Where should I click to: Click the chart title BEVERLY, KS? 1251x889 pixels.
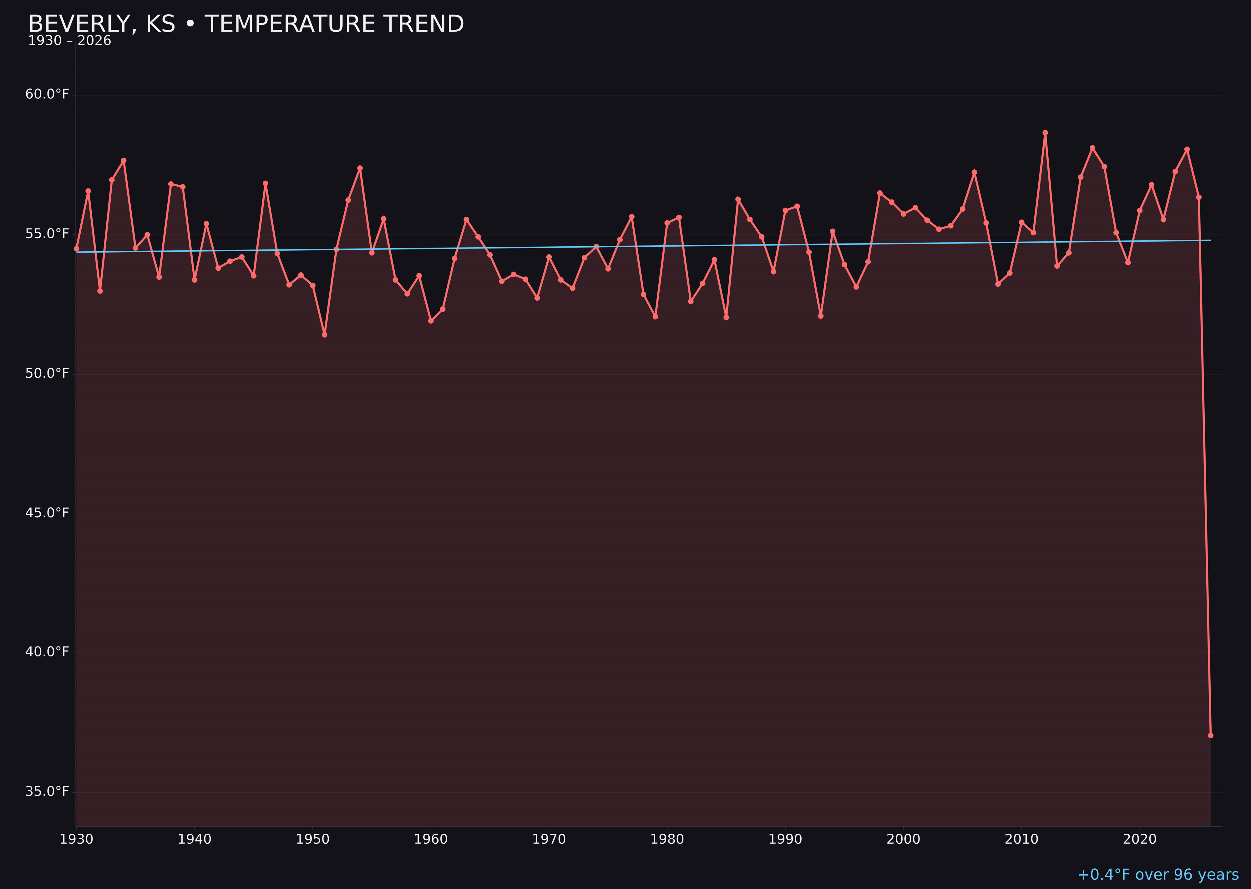pyautogui.click(x=246, y=24)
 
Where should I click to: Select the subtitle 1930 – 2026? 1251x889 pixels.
pyautogui.click(x=69, y=41)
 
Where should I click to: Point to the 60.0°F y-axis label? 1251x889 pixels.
pyautogui.click(x=47, y=94)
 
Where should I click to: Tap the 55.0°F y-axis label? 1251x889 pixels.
pyautogui.click(x=47, y=234)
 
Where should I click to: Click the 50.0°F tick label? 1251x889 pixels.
pyautogui.click(x=47, y=373)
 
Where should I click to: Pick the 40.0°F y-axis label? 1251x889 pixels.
pyautogui.click(x=47, y=652)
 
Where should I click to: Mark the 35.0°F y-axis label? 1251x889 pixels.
pyautogui.click(x=47, y=791)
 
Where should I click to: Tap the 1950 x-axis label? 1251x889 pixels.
pyautogui.click(x=313, y=839)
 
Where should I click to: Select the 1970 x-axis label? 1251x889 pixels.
pyautogui.click(x=549, y=839)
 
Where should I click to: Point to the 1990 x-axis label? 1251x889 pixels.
pyautogui.click(x=785, y=839)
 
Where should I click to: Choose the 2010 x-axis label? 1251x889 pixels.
pyautogui.click(x=1021, y=839)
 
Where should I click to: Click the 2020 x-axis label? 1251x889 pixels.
pyautogui.click(x=1140, y=839)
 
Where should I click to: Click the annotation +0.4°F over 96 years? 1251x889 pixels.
pyautogui.click(x=1158, y=875)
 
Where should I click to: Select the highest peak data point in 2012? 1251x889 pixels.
pyautogui.click(x=1045, y=133)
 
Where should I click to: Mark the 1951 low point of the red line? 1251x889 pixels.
pyautogui.click(x=324, y=334)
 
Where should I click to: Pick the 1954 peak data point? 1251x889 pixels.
pyautogui.click(x=360, y=168)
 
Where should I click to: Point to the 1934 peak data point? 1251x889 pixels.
pyautogui.click(x=124, y=160)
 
